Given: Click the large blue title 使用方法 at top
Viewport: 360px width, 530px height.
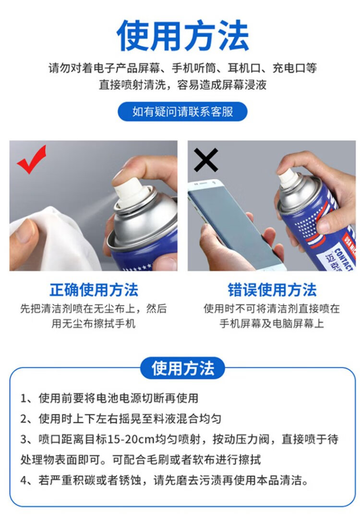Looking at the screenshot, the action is coord(183,35).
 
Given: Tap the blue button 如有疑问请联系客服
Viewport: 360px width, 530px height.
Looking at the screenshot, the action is coord(182,112).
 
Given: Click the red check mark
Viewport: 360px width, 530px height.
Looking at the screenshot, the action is coord(32,160).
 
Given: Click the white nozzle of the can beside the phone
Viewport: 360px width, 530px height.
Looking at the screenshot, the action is coord(288,178).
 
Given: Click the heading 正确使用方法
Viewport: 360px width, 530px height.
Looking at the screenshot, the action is coord(94,290).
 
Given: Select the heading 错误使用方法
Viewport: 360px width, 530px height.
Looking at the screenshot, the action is coord(272,290).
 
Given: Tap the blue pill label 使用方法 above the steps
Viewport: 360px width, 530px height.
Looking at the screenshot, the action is coord(183,368).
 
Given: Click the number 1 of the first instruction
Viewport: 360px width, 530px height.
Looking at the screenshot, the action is coord(24,399).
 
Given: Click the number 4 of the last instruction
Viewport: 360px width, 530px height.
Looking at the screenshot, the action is coord(24,480).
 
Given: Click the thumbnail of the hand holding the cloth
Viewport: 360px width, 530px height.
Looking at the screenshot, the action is coord(94,205).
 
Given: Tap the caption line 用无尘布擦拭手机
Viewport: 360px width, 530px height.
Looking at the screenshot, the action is coord(94,323).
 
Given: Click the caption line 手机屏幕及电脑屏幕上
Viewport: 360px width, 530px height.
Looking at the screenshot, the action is coord(272,323).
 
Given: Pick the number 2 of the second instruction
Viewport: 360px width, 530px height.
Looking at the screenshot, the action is coord(24,419).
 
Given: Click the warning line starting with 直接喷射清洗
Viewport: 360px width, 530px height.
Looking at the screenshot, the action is coord(183,84).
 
